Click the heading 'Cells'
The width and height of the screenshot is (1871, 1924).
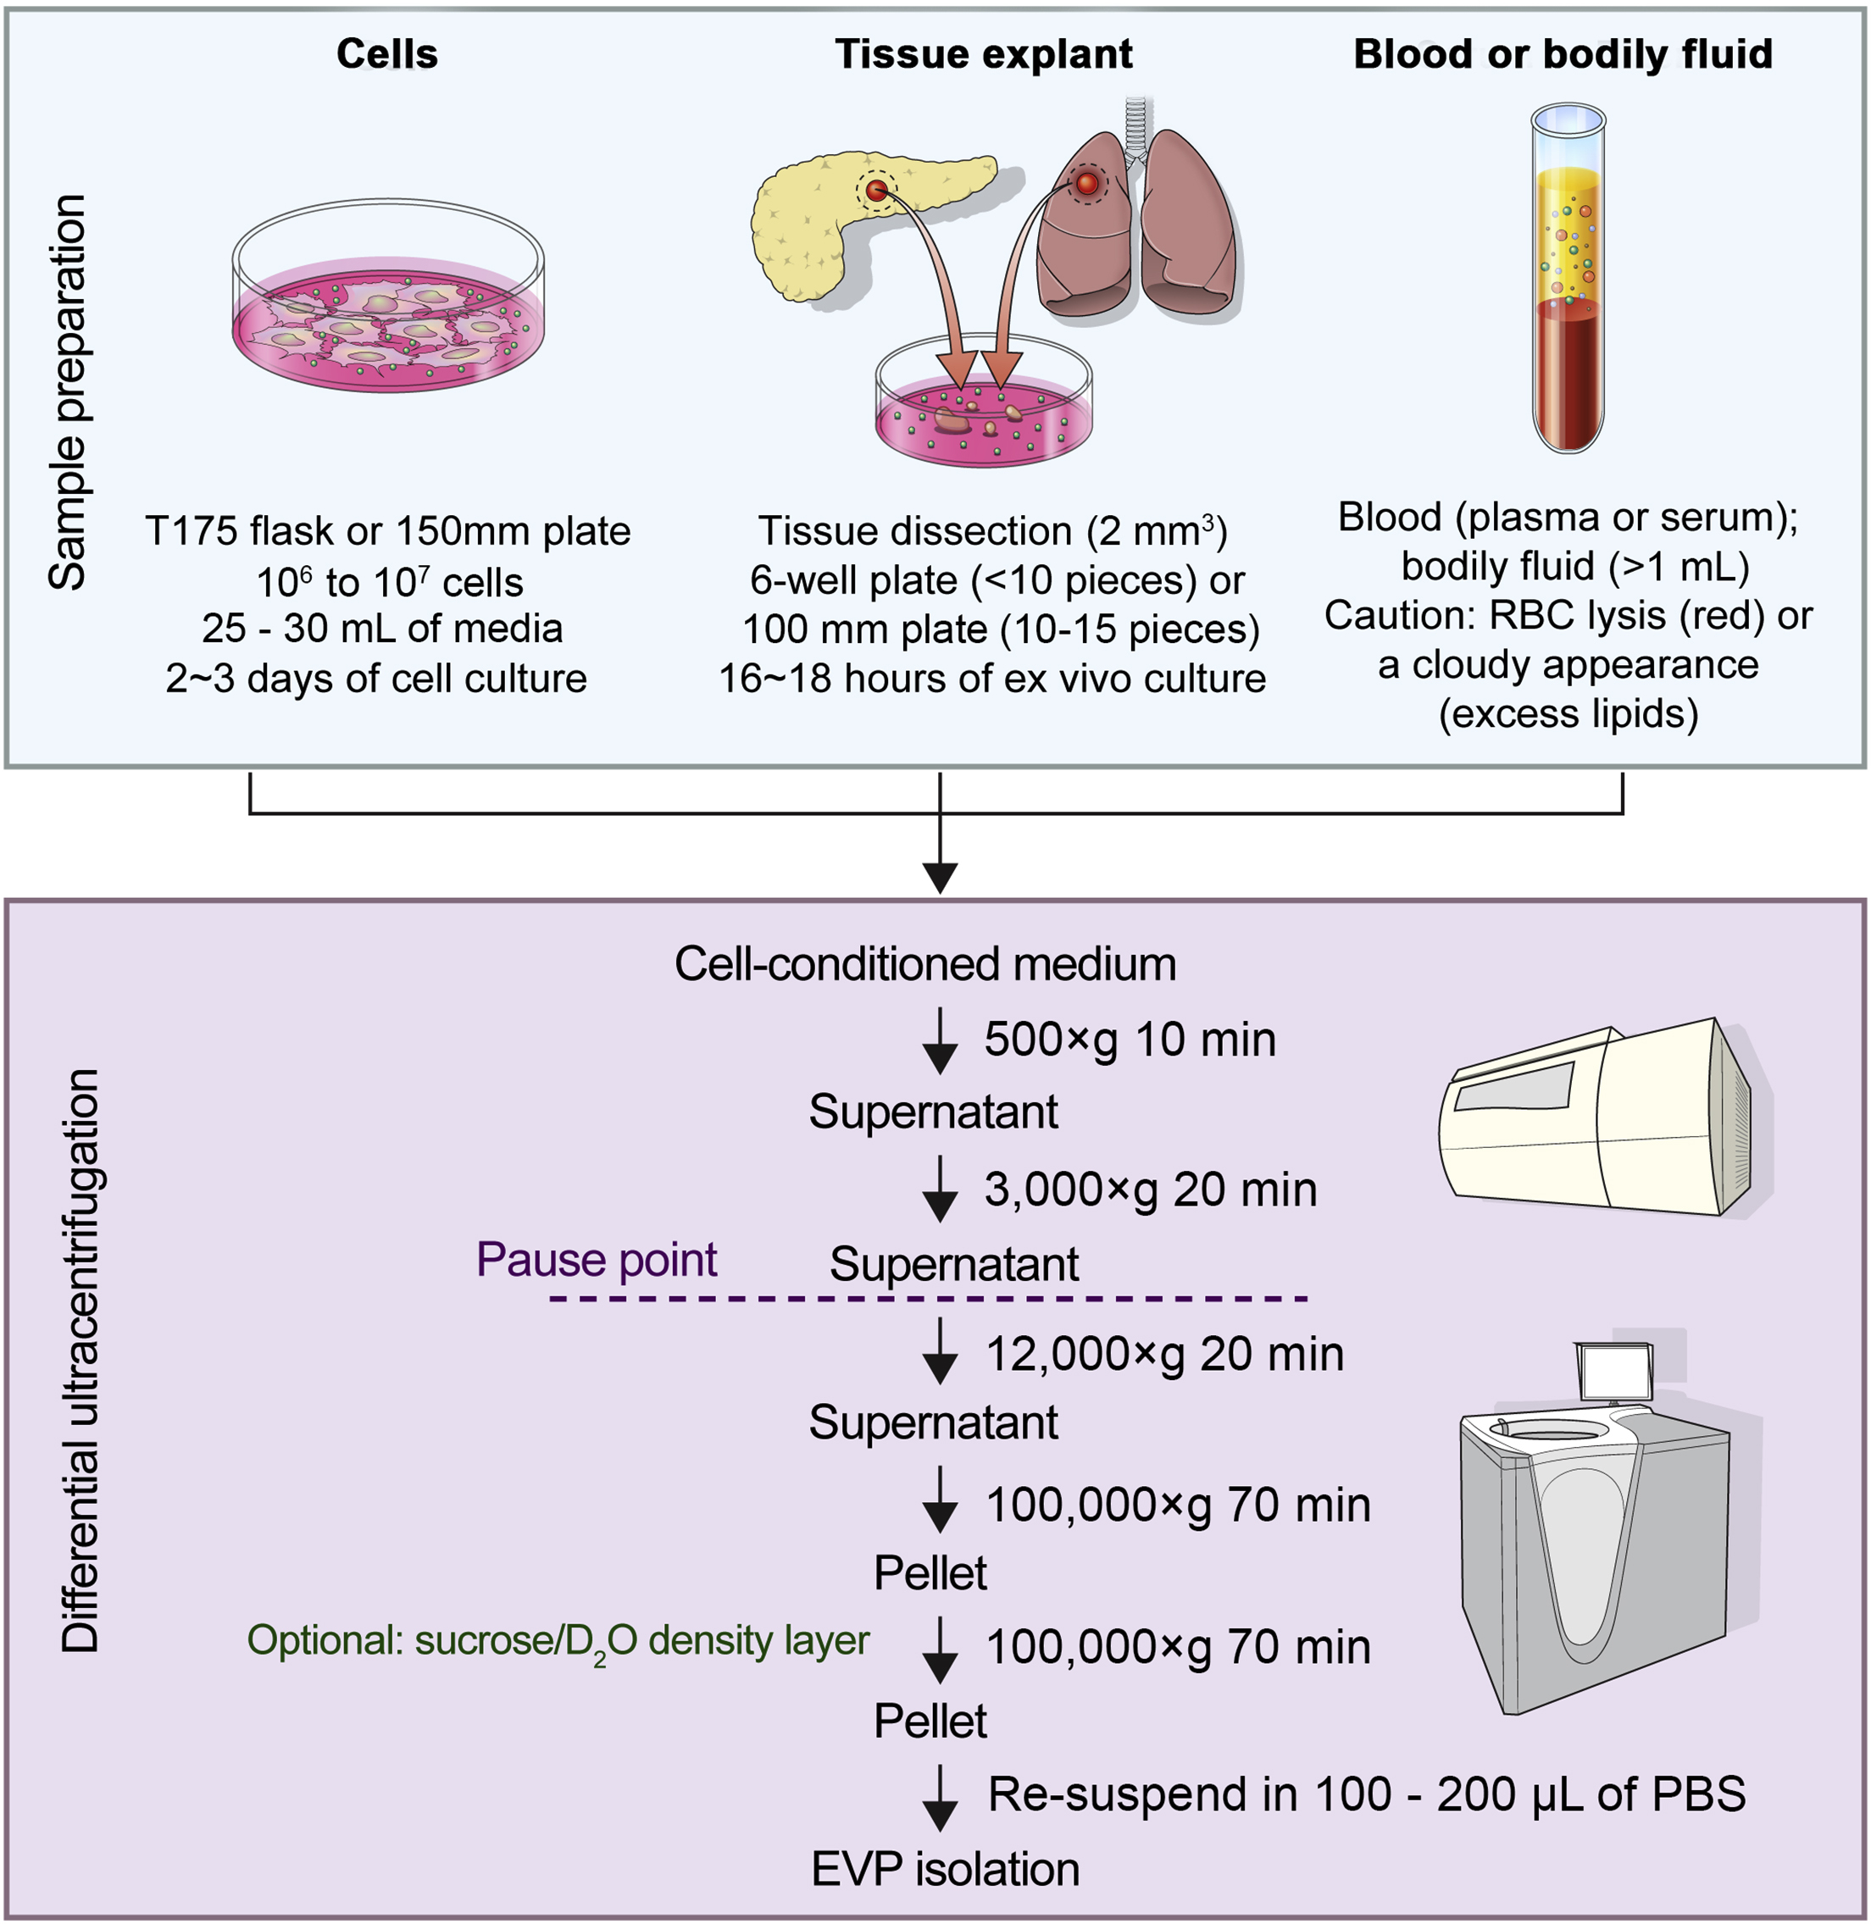(x=387, y=54)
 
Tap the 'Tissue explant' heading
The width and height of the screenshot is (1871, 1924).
(x=984, y=54)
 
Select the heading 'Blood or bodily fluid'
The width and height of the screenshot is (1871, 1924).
(x=1563, y=54)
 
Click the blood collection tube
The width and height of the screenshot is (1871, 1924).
(x=1568, y=285)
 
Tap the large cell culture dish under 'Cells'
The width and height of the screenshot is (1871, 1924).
(x=388, y=305)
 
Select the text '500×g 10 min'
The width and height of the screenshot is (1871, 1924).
(x=1130, y=1040)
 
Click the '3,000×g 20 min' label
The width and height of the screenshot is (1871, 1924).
(x=1151, y=1190)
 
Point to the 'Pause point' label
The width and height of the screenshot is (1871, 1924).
(x=597, y=1260)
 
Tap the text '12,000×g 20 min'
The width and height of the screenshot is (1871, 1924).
(x=1164, y=1354)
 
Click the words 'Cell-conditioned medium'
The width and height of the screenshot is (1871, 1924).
(x=924, y=964)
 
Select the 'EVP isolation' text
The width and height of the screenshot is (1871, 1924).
(x=946, y=1869)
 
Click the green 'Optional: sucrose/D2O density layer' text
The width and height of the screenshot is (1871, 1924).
(x=558, y=1640)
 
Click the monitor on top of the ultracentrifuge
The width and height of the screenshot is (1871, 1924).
(x=1613, y=1372)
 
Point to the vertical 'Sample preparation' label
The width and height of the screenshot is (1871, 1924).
(x=68, y=393)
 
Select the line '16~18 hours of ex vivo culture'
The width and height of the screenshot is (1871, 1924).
(x=992, y=679)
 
